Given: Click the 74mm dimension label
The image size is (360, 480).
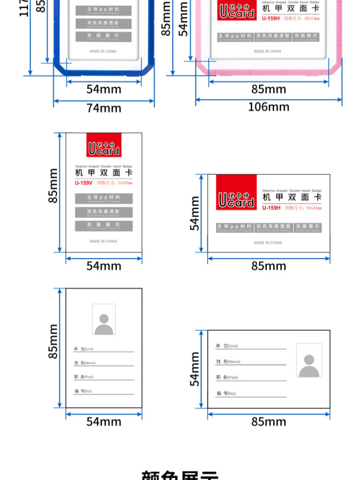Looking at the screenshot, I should coord(104,108).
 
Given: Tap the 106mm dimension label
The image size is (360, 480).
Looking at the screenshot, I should coord(269,107).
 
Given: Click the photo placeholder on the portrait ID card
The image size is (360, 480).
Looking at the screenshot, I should coord(104,319).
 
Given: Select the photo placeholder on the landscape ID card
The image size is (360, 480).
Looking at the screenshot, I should coord(309,360).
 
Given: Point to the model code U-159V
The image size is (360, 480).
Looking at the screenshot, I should coord(84,183).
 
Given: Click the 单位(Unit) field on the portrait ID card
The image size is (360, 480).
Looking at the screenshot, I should coord(103,349).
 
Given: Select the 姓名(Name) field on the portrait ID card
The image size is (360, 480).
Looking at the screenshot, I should coord(103,363).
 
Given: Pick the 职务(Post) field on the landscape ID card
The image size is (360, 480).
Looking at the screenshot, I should coord(250,377).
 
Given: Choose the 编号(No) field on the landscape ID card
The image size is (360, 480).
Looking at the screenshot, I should coord(250,394).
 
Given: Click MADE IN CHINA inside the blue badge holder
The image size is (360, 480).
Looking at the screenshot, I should coord(103,51).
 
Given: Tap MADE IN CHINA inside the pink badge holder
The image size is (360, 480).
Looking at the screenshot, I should coord(267,51).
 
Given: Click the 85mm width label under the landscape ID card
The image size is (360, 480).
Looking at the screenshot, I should coord(269,422).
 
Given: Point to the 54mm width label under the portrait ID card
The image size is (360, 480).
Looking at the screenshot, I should coord(104,422).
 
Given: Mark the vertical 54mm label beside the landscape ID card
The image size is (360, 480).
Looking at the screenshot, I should coord(194,369).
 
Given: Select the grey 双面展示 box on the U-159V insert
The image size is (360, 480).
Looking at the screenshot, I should coord(103,225).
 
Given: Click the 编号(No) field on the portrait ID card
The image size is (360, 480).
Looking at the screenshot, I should coord(103,391).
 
